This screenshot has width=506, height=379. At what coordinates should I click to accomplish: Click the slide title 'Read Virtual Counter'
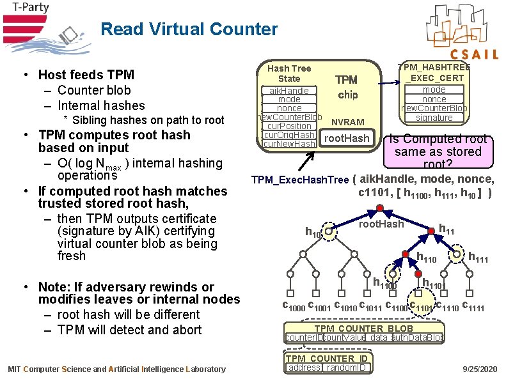tap(189, 29)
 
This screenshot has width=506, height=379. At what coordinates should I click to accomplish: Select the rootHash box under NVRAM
tap(347, 139)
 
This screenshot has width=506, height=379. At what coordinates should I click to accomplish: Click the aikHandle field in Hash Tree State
tap(289, 91)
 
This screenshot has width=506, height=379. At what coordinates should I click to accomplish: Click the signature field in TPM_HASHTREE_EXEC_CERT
tap(434, 118)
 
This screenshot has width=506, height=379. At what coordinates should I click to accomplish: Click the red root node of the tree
tap(379, 209)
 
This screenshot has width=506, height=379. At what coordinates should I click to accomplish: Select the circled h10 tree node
tap(329, 233)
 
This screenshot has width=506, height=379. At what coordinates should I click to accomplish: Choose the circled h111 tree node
tap(457, 255)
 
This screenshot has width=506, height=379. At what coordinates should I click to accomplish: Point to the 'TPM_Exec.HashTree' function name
tap(300, 180)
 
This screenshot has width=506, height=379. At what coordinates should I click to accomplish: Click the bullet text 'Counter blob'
tap(94, 90)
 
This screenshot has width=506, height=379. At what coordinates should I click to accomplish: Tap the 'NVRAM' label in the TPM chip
tap(349, 122)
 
